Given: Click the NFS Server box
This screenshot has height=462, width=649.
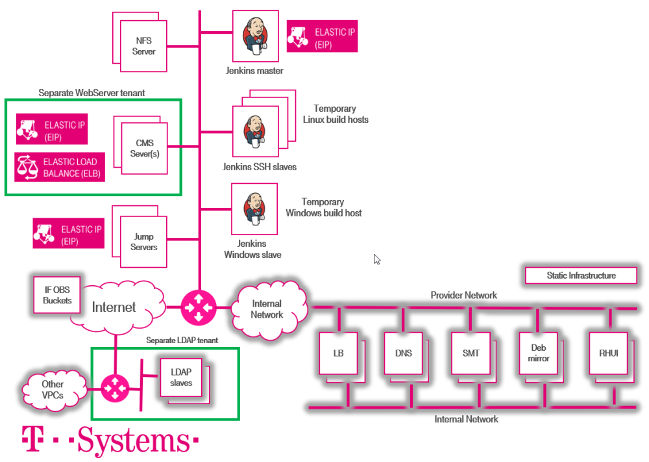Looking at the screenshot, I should tap(143, 45).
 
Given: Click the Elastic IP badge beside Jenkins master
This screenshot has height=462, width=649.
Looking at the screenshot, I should tap(322, 37).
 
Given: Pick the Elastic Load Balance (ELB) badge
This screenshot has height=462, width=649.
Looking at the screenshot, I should tap(60, 167).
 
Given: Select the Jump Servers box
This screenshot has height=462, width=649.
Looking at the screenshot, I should tap(144, 242).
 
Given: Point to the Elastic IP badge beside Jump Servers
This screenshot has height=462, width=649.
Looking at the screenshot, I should tap(69, 234).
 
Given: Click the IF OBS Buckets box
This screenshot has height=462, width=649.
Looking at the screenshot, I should tap(58, 295).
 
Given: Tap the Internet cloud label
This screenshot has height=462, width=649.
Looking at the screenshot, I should tap(114, 307).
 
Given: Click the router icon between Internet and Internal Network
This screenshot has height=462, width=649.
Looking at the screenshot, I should tap(197, 307).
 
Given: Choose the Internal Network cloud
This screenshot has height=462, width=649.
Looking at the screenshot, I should tap(267, 309).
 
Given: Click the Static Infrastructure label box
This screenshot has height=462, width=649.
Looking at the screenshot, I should tap(581, 276).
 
